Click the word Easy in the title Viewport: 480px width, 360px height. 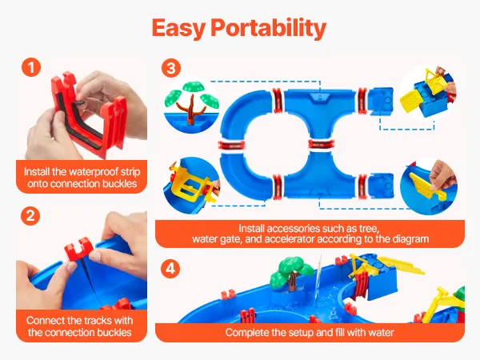[178, 28]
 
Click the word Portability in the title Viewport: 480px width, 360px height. [269, 28]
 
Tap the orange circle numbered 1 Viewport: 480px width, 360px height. [31, 67]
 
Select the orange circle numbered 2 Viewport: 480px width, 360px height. [30, 216]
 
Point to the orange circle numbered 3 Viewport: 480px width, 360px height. [171, 68]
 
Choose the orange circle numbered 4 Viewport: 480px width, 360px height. [170, 269]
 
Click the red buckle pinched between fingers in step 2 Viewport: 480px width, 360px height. [78, 250]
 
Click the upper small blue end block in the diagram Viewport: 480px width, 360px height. [381, 100]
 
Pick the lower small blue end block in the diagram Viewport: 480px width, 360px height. [381, 186]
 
